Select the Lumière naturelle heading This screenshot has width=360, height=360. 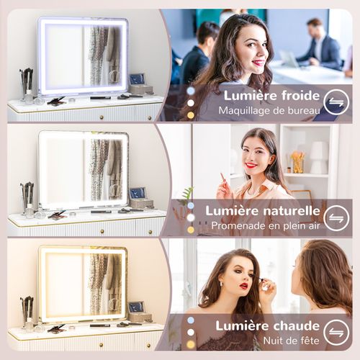tap(263, 210)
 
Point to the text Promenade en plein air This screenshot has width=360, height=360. tap(264, 226)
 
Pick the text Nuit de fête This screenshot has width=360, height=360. tap(282, 340)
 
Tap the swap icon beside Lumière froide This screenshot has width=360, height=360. tap(336, 102)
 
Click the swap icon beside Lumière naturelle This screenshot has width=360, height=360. tap(336, 217)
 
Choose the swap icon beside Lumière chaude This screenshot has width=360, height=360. tap(336, 332)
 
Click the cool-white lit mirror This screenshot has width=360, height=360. tap(83, 56)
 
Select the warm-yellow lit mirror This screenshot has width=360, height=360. tap(83, 283)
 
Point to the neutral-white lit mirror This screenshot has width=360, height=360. tap(83, 170)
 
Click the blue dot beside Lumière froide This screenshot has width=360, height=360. tap(191, 91)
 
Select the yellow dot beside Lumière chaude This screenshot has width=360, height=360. tap(191, 343)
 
